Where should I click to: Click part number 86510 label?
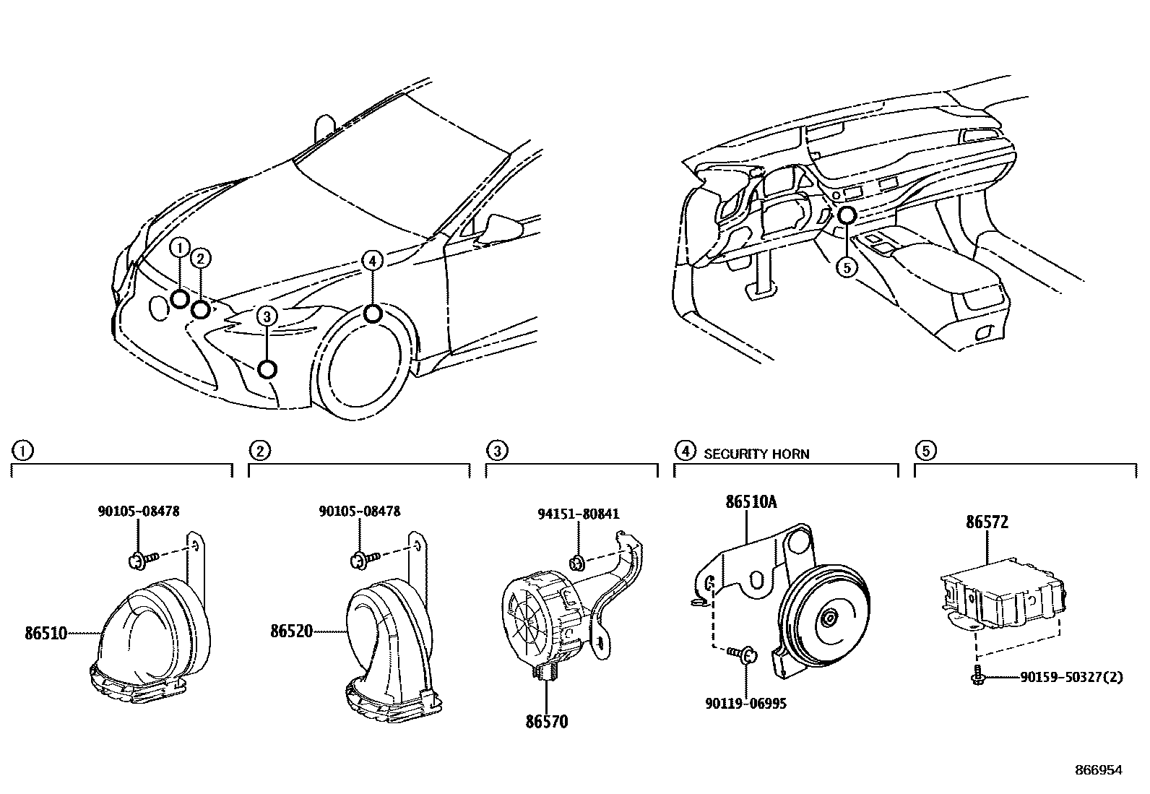click(x=46, y=634)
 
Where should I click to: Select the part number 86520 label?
click(x=292, y=631)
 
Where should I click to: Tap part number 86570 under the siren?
click(x=546, y=721)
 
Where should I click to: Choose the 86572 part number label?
click(x=987, y=523)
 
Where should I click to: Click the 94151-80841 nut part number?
click(x=579, y=514)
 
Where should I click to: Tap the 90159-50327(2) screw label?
click(x=1072, y=678)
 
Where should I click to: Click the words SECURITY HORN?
click(x=756, y=454)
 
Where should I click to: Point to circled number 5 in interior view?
click(x=846, y=267)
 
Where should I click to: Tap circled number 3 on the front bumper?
click(x=267, y=316)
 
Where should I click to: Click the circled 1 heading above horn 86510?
click(x=22, y=452)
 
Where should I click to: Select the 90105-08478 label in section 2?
click(x=359, y=512)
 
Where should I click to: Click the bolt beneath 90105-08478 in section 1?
click(x=137, y=559)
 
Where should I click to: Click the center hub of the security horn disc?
click(x=829, y=617)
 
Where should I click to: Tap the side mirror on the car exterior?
click(x=503, y=225)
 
